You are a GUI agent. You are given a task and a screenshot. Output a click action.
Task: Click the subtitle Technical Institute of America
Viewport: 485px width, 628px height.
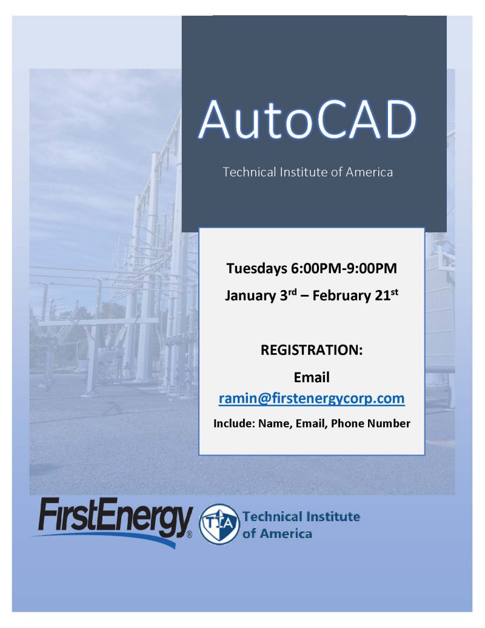[x=307, y=172]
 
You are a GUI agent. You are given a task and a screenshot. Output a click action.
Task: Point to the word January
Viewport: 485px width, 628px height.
[x=247, y=295]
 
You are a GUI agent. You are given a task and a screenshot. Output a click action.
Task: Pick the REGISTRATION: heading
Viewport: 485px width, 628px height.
[x=311, y=350]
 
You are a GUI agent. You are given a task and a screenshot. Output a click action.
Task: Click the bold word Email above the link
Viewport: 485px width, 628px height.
[x=311, y=377]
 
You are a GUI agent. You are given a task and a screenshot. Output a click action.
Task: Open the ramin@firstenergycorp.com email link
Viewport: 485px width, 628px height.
[x=311, y=399]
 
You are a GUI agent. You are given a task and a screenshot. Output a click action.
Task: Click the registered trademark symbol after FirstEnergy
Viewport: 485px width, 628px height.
[x=189, y=535]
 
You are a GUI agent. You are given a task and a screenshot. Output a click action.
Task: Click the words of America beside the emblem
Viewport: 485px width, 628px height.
[x=277, y=534]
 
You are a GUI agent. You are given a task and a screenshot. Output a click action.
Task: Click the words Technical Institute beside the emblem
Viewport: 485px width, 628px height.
[x=301, y=517]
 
